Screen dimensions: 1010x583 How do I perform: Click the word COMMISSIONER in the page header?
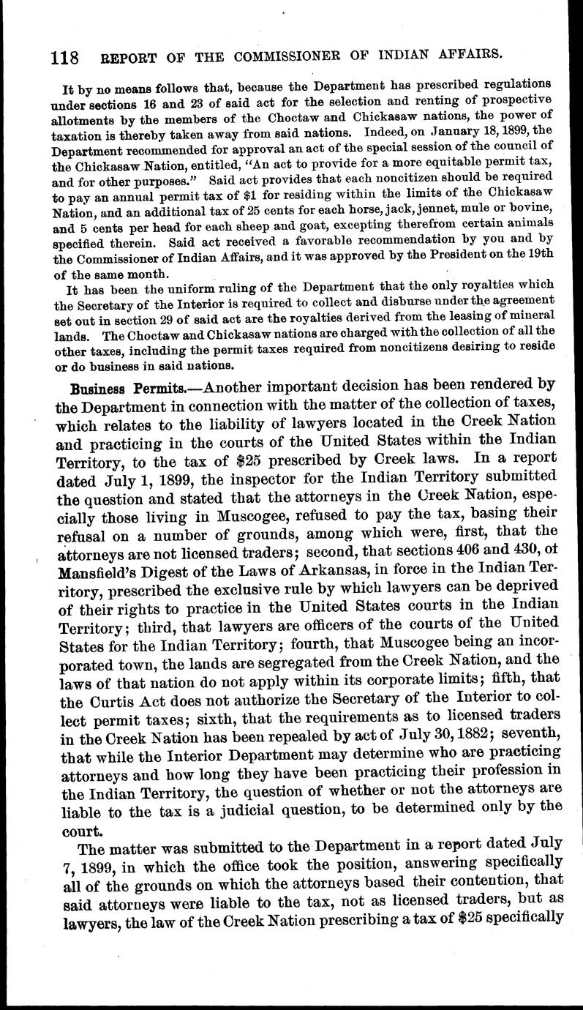[x=288, y=54]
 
